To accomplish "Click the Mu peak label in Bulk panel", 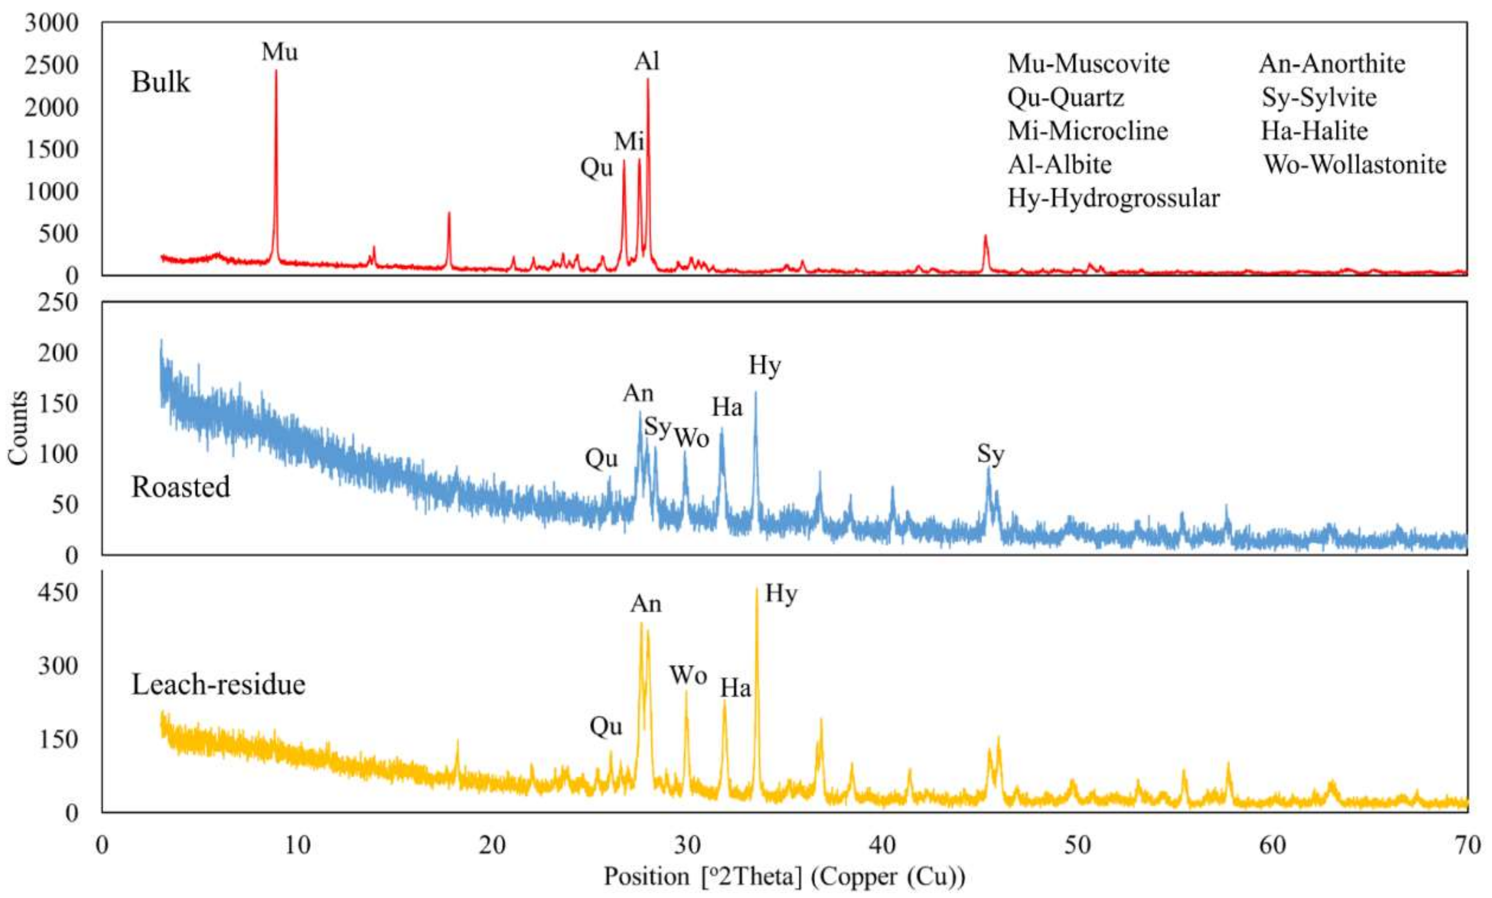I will tap(280, 52).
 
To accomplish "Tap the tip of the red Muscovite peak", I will tap(276, 71).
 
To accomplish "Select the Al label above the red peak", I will tap(647, 62).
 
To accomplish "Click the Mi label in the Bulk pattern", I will tap(629, 142).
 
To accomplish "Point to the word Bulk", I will tap(160, 82).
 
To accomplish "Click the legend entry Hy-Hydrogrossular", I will tap(1113, 198).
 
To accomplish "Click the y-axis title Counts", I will tap(18, 428).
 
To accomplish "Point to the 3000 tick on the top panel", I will tap(52, 23).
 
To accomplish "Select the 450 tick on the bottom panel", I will tap(58, 593).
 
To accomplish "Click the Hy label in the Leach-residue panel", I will tap(781, 593).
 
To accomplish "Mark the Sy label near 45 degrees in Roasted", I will tap(990, 454).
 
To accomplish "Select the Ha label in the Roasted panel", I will tap(727, 407).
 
